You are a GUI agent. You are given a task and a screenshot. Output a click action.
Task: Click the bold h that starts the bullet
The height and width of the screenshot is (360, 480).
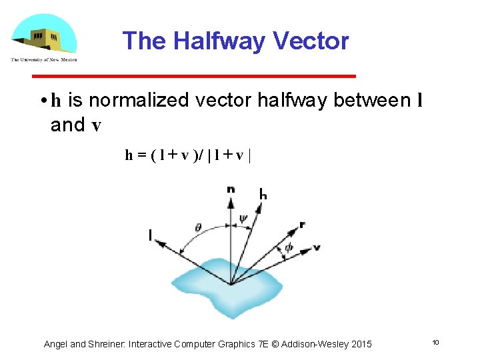click(x=56, y=101)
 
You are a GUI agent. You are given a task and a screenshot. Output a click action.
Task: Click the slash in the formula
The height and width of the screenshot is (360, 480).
click(x=201, y=155)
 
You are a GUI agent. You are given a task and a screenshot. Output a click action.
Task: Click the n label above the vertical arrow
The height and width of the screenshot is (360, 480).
click(x=231, y=189)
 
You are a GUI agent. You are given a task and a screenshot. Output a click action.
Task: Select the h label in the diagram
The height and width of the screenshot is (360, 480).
click(x=263, y=195)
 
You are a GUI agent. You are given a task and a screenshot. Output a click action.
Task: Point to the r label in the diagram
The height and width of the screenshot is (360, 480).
click(x=302, y=225)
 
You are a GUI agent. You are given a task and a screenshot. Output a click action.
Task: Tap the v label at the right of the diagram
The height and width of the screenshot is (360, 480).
click(x=317, y=247)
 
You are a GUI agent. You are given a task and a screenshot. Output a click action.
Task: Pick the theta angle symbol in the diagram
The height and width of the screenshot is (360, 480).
click(x=199, y=227)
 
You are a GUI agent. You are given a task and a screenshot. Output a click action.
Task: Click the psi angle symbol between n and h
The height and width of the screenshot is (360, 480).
click(x=243, y=217)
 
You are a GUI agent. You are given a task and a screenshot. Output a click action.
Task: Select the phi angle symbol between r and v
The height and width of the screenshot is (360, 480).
click(x=288, y=247)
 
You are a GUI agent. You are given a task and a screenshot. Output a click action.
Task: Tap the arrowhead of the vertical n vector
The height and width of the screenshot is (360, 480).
click(x=231, y=199)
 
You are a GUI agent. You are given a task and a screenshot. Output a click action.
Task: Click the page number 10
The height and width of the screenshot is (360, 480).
click(x=435, y=343)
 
